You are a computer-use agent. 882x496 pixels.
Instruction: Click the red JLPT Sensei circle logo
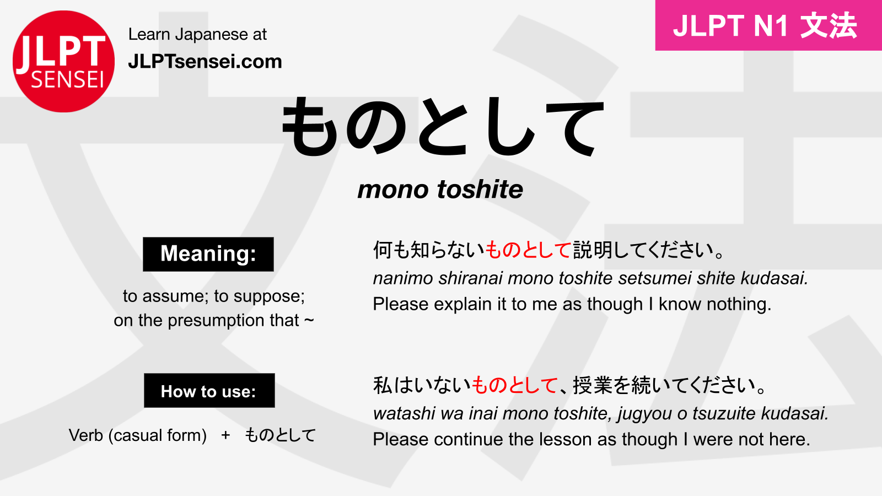[x=63, y=61]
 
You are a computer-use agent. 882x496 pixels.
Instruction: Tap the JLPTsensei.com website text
[x=205, y=61]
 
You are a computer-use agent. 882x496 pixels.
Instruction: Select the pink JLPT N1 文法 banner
[x=768, y=25]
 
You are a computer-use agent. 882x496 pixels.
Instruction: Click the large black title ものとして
[x=443, y=127]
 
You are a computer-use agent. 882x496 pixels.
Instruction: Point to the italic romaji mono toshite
[x=440, y=190]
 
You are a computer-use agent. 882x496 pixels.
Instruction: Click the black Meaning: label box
[x=208, y=254]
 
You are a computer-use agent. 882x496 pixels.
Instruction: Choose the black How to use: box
[x=209, y=391]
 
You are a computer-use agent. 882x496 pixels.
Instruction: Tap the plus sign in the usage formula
[x=225, y=435]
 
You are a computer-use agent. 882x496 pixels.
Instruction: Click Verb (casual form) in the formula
[x=138, y=435]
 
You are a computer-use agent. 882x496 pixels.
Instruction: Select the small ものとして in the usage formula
[x=280, y=435]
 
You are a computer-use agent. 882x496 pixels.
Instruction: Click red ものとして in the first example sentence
[x=528, y=250]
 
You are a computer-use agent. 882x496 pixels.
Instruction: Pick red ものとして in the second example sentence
[x=515, y=385]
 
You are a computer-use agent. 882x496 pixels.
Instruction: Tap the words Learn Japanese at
[x=197, y=35]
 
